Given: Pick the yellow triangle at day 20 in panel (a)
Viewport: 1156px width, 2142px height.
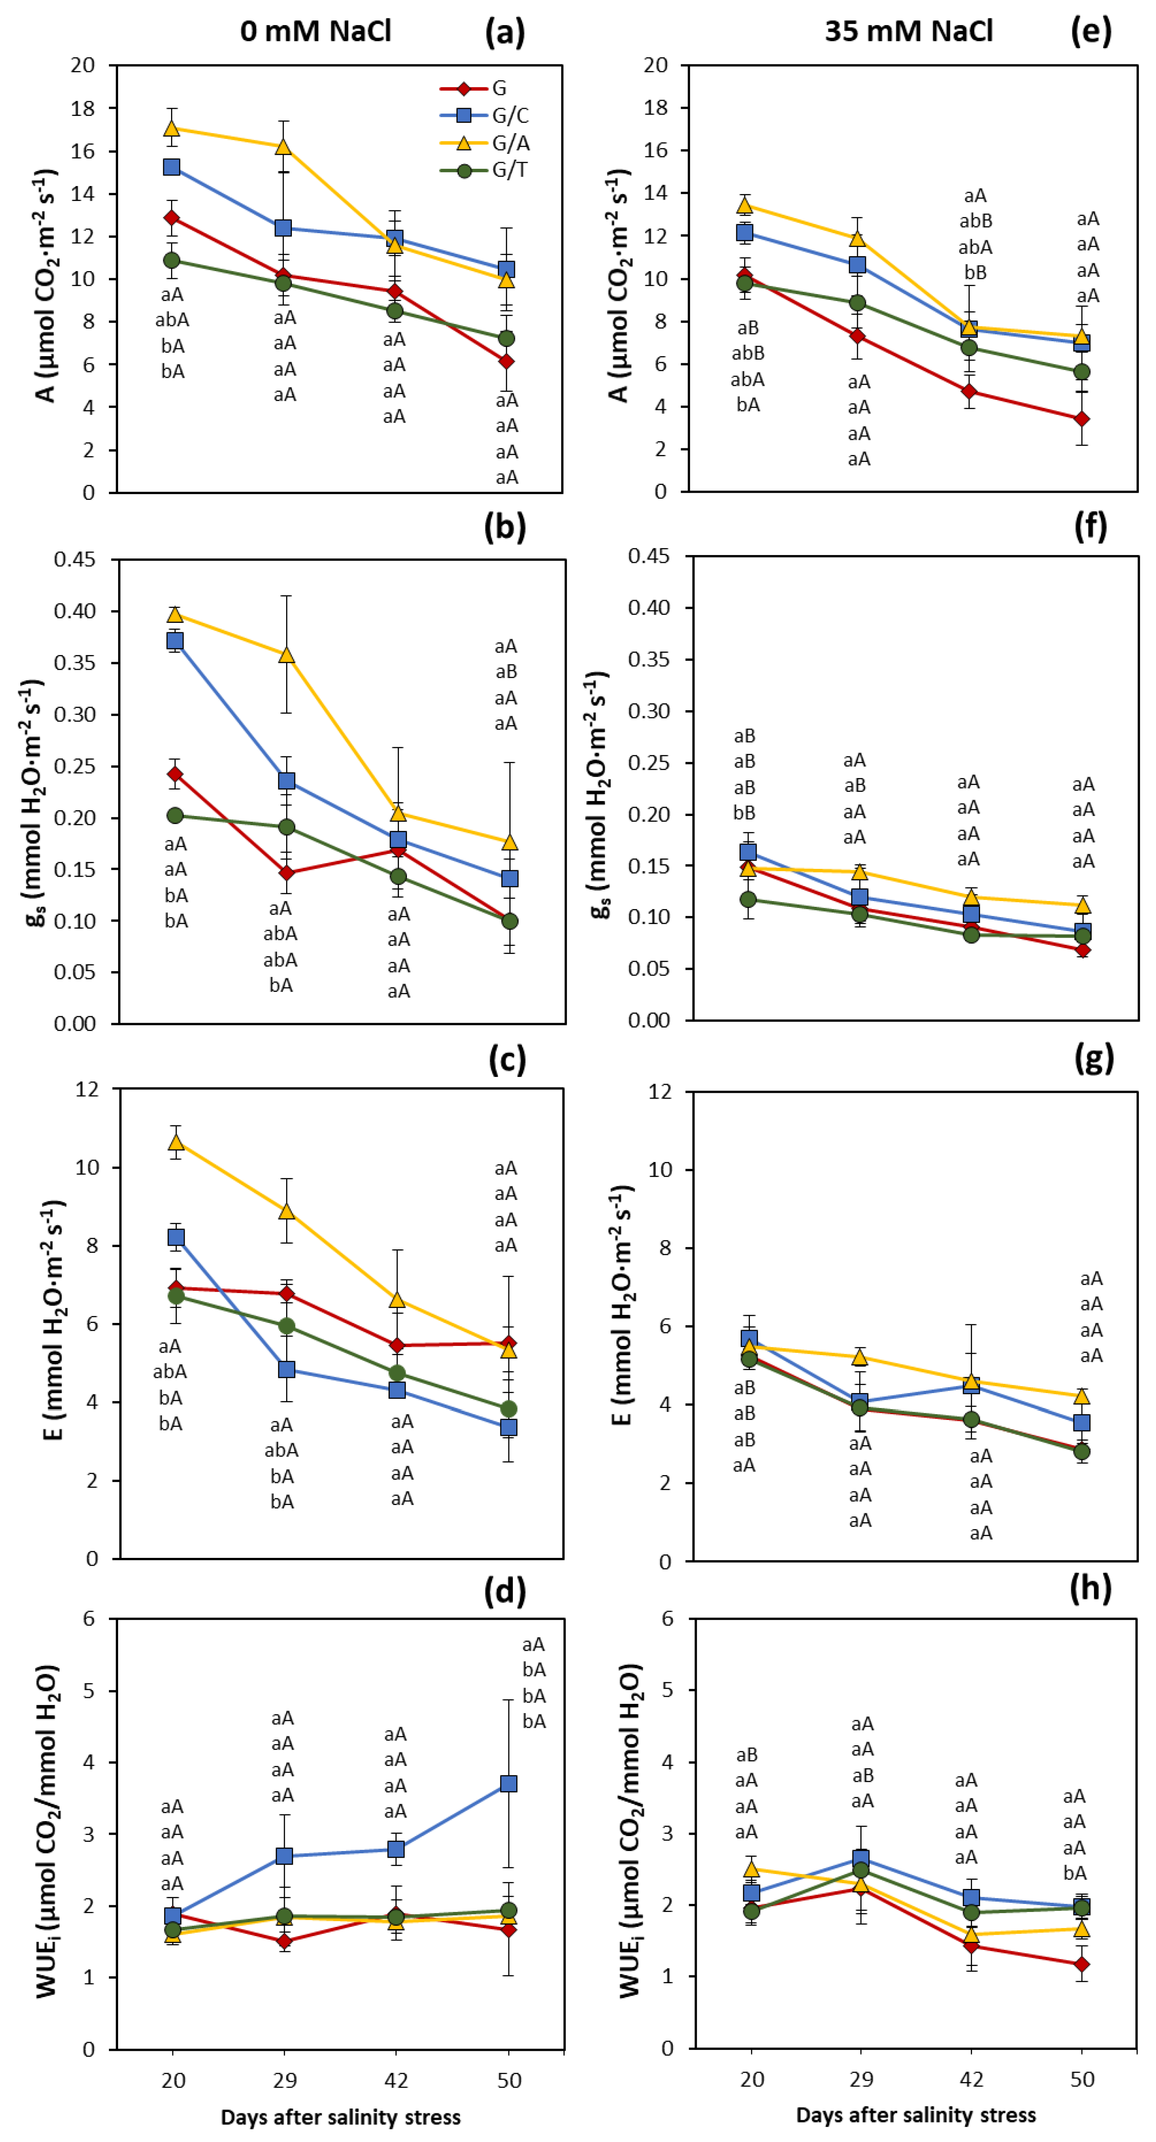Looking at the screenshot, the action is point(172,128).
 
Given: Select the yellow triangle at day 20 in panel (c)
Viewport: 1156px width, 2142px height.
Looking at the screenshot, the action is point(175,1142).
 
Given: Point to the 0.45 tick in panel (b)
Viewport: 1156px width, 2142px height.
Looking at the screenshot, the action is point(75,559).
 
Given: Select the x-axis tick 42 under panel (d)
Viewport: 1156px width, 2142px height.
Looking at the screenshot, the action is point(396,2080).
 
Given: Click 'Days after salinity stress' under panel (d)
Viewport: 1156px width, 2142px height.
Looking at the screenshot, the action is point(340,2116).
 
